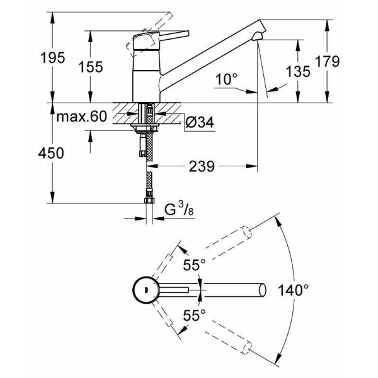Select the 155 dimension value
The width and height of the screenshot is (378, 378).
point(91,67)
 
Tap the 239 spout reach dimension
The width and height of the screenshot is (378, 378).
point(202,166)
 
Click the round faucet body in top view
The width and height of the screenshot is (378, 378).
point(146,290)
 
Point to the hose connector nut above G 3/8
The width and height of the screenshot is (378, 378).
point(149,201)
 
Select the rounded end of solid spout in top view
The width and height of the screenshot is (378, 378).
point(260,290)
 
